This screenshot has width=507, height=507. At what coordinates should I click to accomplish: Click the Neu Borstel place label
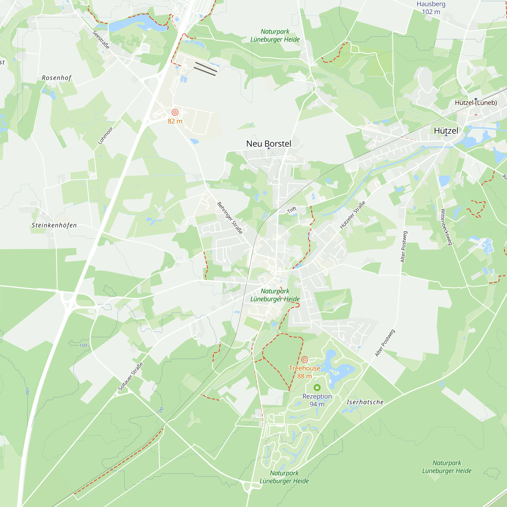(x=268, y=143)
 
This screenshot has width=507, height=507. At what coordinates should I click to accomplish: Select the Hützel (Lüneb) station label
(x=476, y=103)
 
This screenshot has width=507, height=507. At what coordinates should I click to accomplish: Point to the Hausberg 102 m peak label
(x=431, y=8)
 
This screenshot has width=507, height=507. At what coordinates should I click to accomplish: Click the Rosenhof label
(x=57, y=78)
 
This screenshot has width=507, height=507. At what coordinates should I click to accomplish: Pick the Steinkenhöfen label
(x=54, y=225)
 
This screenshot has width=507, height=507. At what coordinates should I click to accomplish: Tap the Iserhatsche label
(x=365, y=402)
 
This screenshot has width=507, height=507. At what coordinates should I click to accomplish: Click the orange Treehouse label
(x=304, y=368)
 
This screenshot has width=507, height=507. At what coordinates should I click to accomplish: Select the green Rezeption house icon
(x=317, y=388)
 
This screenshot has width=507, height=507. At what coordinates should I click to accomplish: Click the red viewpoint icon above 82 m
(x=175, y=113)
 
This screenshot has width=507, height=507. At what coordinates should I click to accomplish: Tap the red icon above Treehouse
(x=304, y=359)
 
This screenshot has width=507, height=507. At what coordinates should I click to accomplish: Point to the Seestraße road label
(x=101, y=40)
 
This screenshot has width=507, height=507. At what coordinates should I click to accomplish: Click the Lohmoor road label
(x=105, y=135)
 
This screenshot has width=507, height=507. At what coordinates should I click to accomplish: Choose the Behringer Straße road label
(x=230, y=218)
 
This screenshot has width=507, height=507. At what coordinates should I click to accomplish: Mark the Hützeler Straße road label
(x=352, y=215)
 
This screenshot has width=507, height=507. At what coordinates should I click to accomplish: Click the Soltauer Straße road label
(x=130, y=377)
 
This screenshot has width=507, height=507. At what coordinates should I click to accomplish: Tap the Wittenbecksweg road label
(x=446, y=227)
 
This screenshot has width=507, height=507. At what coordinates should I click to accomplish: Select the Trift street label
(x=292, y=210)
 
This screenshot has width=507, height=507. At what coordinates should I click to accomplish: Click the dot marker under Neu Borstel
(x=269, y=148)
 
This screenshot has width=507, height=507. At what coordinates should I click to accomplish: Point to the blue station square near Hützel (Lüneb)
(x=476, y=99)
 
